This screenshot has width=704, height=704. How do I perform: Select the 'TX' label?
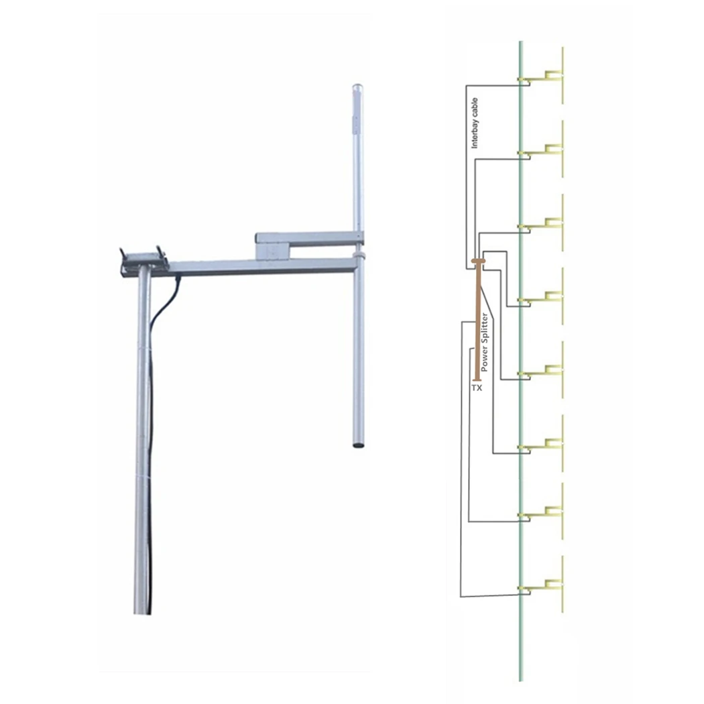coord(477,388)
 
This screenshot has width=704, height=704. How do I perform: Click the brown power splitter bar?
coord(477,322)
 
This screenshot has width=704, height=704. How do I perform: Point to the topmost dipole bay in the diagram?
coord(550,76)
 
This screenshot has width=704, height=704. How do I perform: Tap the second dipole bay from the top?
coord(550,149)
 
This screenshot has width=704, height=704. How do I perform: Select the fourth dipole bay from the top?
coord(550,296)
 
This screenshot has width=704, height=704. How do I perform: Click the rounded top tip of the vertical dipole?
coord(357,88)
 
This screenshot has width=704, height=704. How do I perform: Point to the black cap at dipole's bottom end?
coord(359,443)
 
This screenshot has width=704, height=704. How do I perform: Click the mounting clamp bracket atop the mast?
coord(142,258)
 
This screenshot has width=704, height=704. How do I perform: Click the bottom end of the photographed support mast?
coord(141,607)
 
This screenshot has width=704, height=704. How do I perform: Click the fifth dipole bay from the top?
coord(550,369)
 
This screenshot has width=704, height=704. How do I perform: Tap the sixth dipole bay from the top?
coord(550,443)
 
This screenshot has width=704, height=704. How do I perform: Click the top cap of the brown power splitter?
coord(479,261)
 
